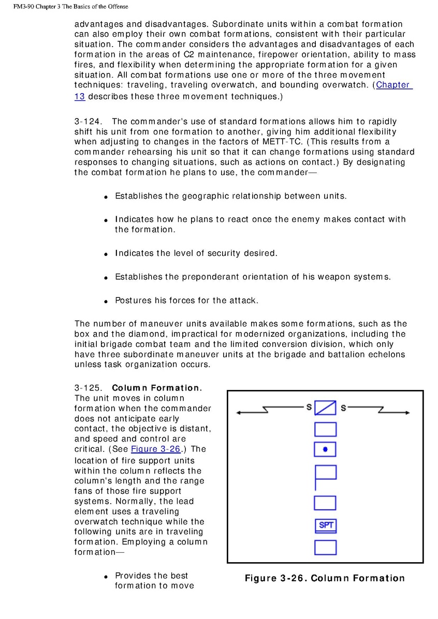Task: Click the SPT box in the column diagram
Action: [326, 526]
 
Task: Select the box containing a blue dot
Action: [325, 449]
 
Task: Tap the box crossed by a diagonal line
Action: [325, 409]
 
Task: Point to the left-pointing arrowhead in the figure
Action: [239, 413]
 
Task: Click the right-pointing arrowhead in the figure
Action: [407, 413]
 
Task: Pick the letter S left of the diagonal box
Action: [309, 407]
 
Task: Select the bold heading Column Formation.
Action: [156, 388]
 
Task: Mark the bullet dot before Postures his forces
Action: [106, 301]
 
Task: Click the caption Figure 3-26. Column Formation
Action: [325, 578]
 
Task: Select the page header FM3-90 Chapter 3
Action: [65, 7]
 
